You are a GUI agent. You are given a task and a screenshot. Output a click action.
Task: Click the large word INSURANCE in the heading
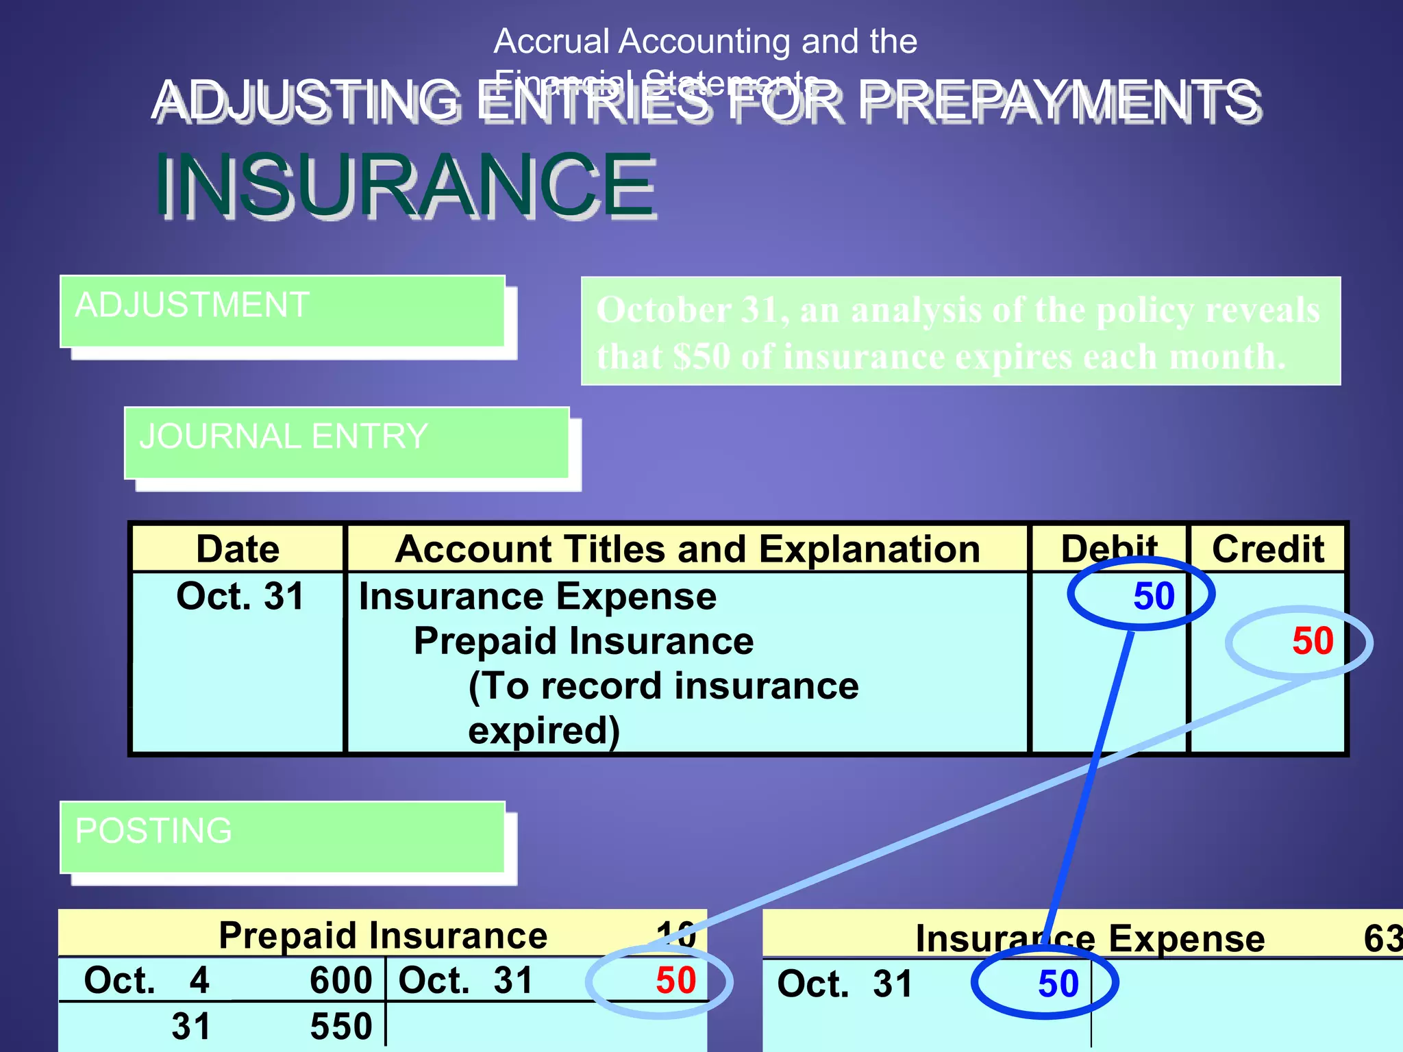click(406, 185)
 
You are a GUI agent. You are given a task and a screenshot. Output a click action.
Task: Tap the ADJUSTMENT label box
click(282, 312)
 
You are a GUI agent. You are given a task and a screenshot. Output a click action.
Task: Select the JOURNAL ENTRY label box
click(347, 443)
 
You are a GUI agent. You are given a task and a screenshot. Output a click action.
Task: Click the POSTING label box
click(282, 837)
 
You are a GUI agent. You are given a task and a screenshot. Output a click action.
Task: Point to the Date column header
click(238, 549)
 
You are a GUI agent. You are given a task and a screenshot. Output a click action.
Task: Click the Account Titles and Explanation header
click(688, 549)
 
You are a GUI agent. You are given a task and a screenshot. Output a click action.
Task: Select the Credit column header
click(1268, 549)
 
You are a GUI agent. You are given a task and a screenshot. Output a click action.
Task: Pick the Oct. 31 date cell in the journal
click(240, 596)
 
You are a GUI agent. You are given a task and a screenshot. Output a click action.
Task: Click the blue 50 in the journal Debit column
click(1154, 596)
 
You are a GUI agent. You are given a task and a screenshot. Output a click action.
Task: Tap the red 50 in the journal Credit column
click(1313, 641)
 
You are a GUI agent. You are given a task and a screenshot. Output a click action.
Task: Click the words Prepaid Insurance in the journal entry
click(584, 641)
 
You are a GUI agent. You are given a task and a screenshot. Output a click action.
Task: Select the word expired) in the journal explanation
click(544, 730)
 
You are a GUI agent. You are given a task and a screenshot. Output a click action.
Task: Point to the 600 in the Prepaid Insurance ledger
click(340, 980)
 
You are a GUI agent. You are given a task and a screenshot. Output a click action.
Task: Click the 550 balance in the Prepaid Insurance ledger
click(340, 1026)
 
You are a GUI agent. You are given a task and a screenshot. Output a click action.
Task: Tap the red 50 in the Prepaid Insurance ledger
click(675, 980)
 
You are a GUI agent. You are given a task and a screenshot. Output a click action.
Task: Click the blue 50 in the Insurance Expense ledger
click(1058, 984)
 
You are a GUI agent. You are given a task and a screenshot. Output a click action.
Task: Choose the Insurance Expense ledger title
click(1090, 938)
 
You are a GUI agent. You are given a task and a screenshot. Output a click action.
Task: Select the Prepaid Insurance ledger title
click(383, 936)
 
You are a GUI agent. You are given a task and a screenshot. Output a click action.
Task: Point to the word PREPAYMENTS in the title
click(1059, 101)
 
